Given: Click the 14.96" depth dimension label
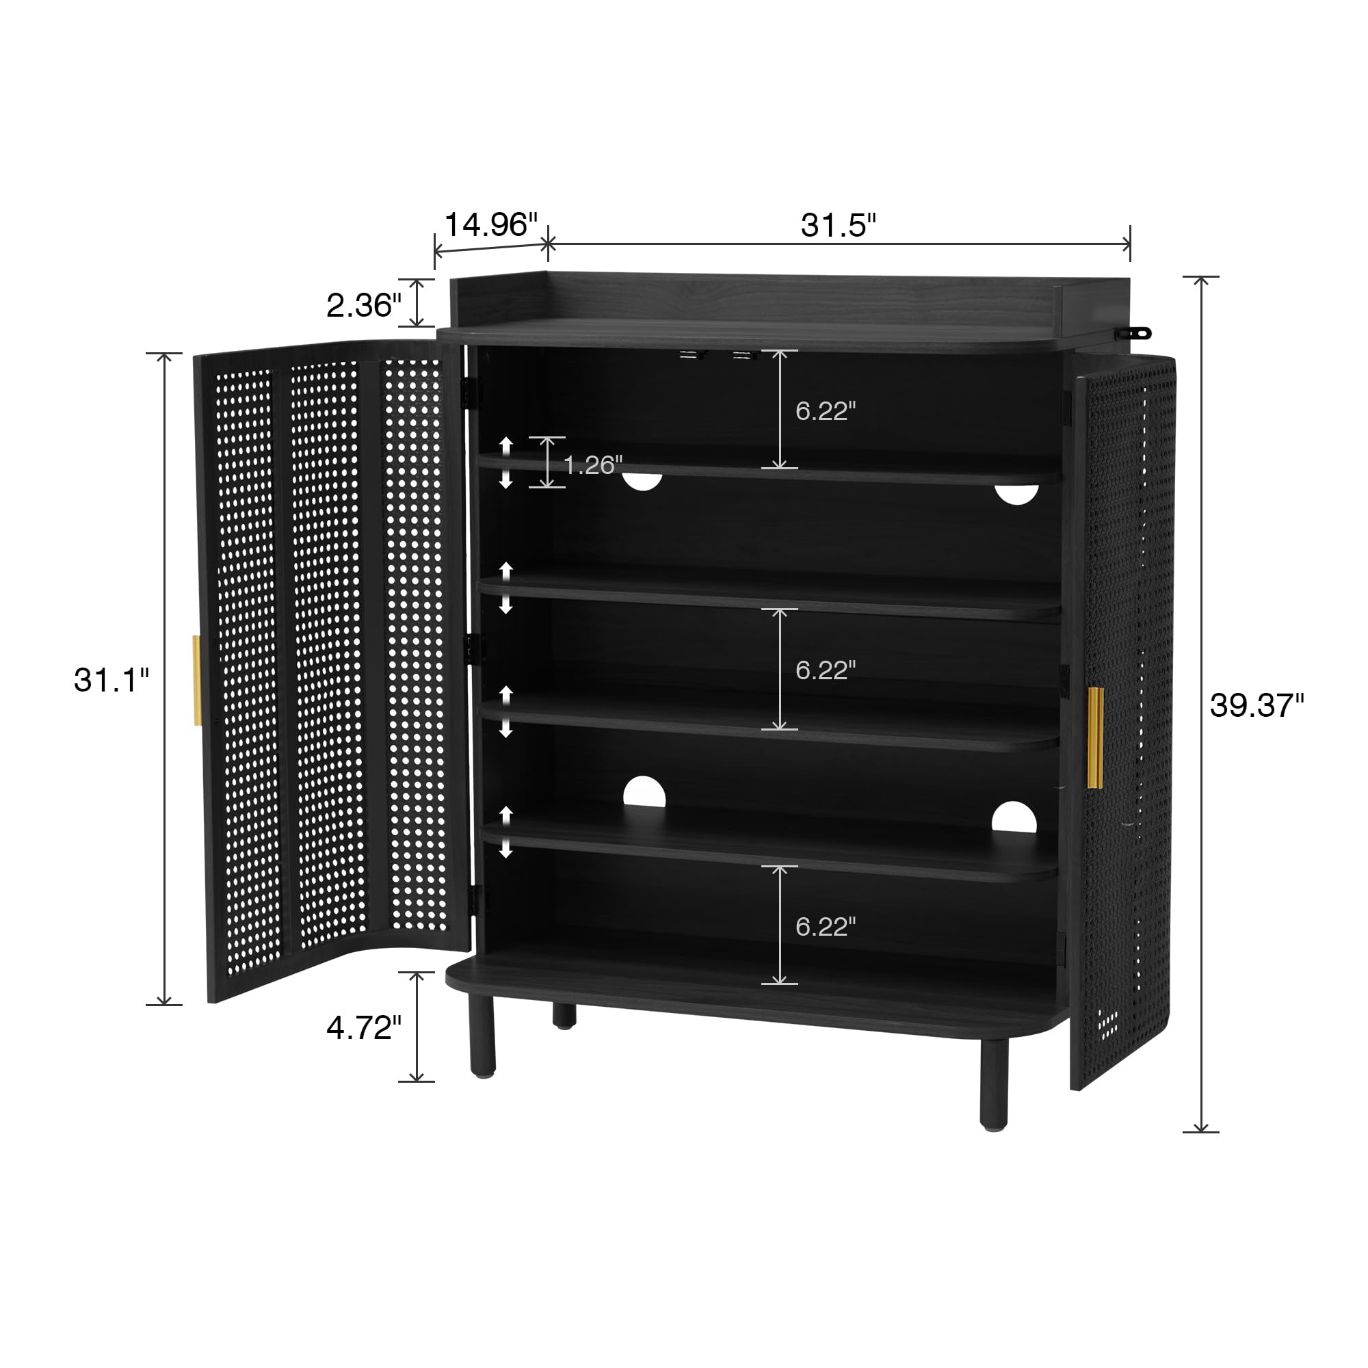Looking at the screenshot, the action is tap(490, 224).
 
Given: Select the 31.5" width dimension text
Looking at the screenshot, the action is tap(839, 225).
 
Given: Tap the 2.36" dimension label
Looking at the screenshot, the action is tap(364, 305).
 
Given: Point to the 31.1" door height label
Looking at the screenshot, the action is tap(112, 680).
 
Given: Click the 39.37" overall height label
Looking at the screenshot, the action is tap(1257, 705).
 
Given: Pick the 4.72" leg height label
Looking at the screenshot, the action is tap(364, 1027).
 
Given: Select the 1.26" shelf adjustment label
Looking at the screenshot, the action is tap(592, 464).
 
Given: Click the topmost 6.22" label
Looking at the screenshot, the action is tap(826, 410).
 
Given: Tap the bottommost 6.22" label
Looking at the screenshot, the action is tap(826, 926).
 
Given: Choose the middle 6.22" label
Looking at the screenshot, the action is tap(826, 670).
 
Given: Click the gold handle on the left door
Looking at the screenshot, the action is tap(197, 681).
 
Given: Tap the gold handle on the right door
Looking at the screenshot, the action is tap(1094, 737).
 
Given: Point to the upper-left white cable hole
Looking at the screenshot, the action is tap(642, 482).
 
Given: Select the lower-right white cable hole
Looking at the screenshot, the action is tap(1014, 817).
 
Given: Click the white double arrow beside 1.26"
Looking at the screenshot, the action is tap(505, 463).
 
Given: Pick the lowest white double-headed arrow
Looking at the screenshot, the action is tap(505, 832).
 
